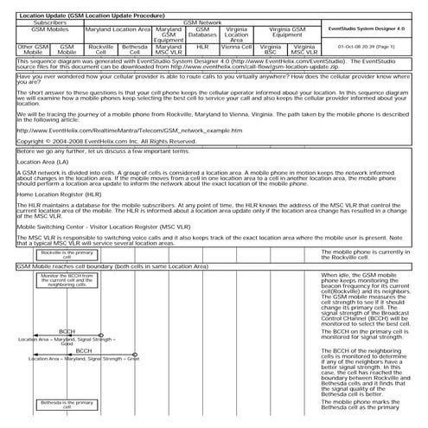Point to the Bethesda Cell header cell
click(134, 50)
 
